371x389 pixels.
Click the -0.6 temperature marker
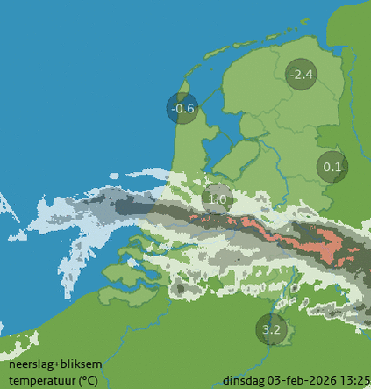[182, 108]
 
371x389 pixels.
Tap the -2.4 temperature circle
[301, 75]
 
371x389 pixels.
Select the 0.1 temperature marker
[332, 167]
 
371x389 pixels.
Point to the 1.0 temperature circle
[218, 199]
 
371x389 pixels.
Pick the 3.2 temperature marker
[272, 330]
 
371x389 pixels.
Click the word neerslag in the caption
[32, 364]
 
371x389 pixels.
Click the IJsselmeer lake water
[215, 132]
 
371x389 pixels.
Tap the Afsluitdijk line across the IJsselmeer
[210, 104]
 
